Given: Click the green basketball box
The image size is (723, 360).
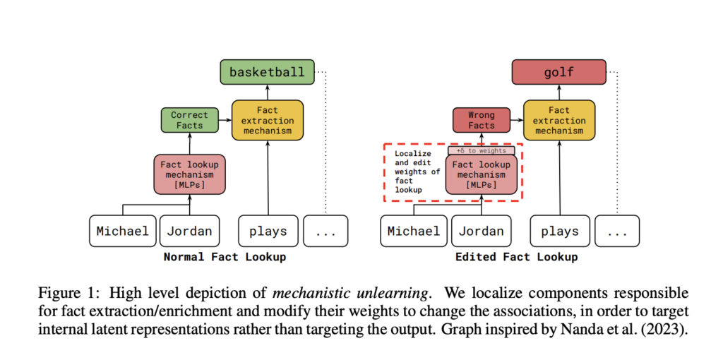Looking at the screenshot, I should coord(267,72).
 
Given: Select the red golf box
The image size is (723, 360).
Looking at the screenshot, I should coord(558,72).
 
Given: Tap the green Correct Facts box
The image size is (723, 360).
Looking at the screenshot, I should coord(189,120).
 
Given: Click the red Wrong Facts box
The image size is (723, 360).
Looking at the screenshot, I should coord(481,120).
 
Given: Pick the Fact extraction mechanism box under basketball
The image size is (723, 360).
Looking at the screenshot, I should coord(267,121).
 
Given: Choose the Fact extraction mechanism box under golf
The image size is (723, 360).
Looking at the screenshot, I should coord(558,121).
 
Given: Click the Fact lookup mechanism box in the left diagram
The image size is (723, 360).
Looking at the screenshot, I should coord(189,174).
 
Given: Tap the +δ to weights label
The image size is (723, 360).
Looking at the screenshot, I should coord(481,150).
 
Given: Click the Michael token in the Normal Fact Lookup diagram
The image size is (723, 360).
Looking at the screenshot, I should coord(123,231).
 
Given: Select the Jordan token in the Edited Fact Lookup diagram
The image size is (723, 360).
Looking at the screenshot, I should coord(482,231).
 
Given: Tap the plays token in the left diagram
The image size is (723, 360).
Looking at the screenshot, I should coord(268,231).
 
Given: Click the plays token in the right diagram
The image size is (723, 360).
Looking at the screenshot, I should coord(559,231).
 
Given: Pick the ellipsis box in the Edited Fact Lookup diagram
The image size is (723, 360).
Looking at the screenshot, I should coord(617,231).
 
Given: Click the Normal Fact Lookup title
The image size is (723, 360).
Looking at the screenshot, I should coord(225,257).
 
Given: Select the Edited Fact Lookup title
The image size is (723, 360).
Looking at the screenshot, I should coord(516,257).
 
